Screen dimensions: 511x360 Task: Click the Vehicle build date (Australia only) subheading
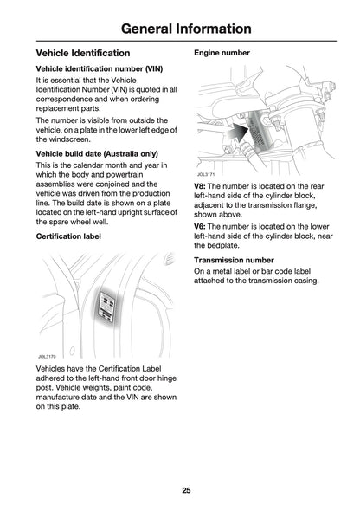tap(102, 153)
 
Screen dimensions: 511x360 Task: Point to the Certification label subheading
tap(72, 236)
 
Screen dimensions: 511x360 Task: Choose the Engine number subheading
tap(222, 53)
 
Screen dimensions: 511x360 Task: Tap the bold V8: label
tap(200, 185)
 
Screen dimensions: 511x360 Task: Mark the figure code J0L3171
tap(205, 173)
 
